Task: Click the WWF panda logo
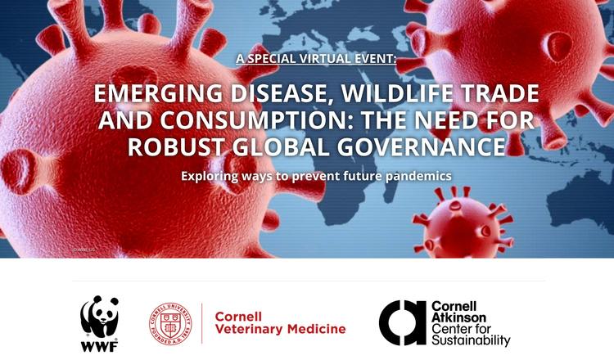click(99, 324)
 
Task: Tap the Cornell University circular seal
click(170, 324)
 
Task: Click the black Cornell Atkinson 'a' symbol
click(402, 323)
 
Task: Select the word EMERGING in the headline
click(158, 94)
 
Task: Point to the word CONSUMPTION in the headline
click(251, 119)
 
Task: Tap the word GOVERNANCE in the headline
click(421, 146)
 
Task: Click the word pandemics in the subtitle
click(418, 176)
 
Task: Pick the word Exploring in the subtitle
click(209, 176)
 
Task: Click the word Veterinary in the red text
click(249, 329)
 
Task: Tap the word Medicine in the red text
click(316, 329)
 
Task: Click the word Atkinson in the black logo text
click(458, 317)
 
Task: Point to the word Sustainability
click(471, 340)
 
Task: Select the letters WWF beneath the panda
click(99, 346)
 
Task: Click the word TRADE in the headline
click(500, 93)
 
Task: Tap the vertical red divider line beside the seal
click(202, 323)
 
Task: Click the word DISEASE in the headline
click(282, 94)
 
